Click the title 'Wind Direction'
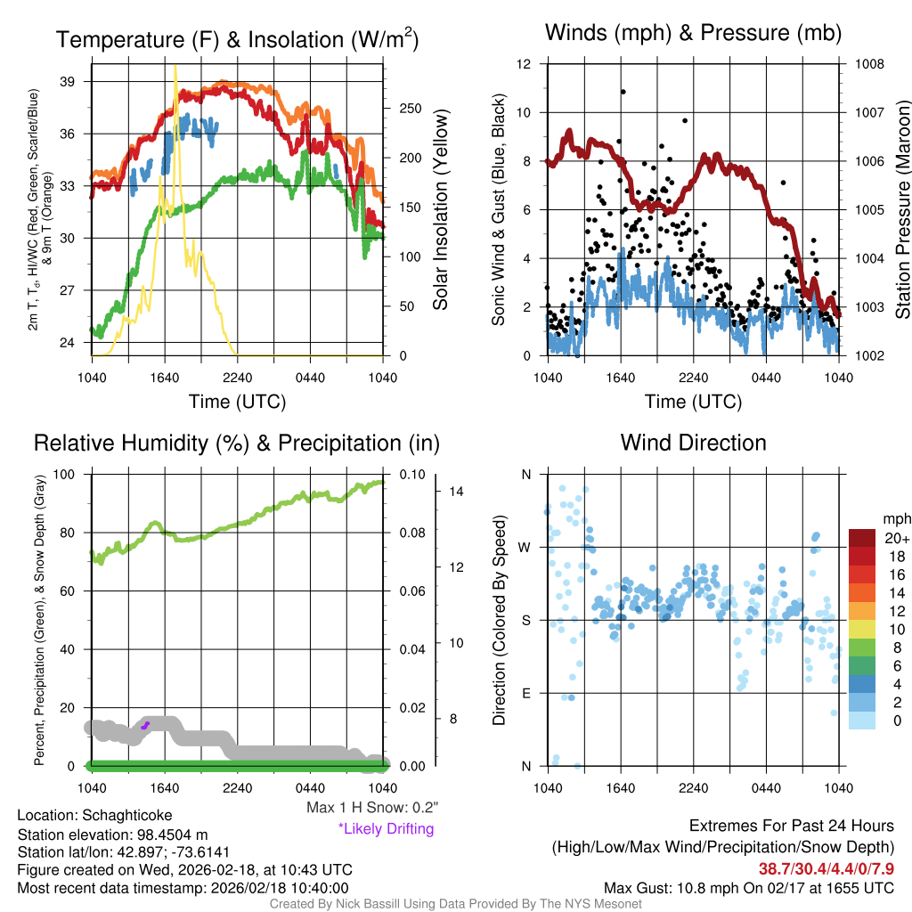tap(693, 443)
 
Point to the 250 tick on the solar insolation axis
tap(409, 109)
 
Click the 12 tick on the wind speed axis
tap(525, 64)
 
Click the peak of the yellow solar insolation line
tap(175, 66)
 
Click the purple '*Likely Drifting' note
tap(386, 829)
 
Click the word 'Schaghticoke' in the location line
tap(127, 815)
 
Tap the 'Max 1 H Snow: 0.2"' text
tap(372, 808)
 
